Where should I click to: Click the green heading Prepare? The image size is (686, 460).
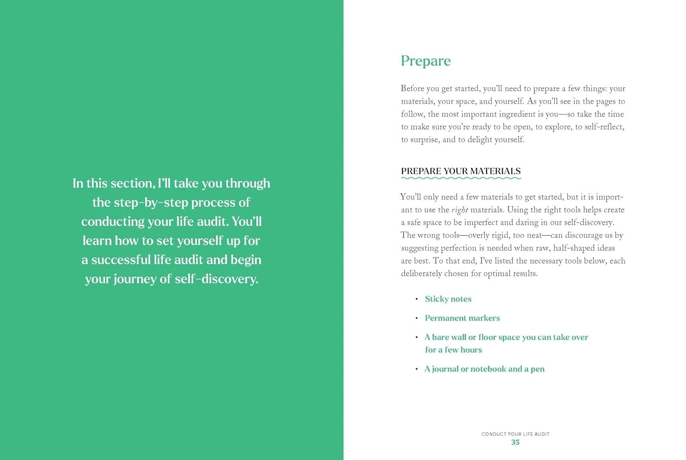425,61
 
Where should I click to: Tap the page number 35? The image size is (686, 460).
515,443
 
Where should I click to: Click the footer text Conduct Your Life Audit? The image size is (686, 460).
515,434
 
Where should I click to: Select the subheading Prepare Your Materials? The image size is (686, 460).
461,171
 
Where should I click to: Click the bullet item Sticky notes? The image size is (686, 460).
448,299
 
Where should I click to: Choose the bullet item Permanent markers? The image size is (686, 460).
462,318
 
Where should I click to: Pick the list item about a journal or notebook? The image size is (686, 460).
484,369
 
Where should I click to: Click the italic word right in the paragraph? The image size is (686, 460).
460,210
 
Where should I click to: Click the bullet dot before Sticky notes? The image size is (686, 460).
417,299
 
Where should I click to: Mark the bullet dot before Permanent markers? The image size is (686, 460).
417,318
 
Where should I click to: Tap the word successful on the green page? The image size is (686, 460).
121,260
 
